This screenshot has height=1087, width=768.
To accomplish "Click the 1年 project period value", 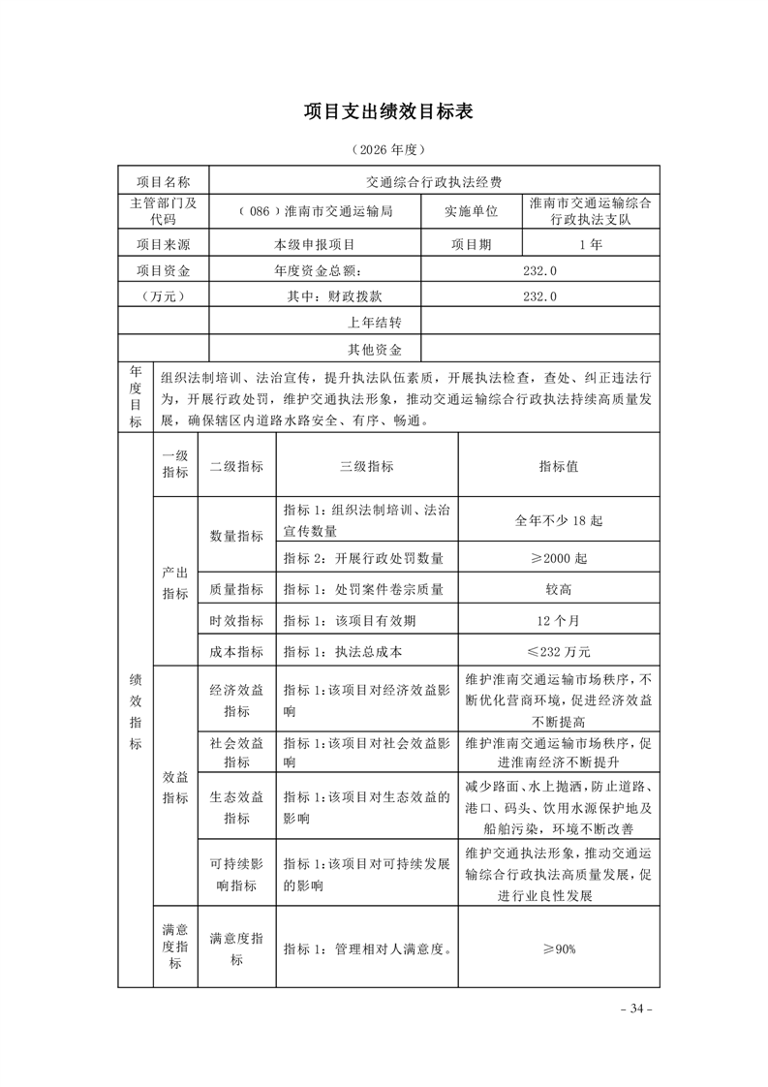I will (x=590, y=245).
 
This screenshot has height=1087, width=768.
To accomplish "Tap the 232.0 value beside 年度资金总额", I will (x=539, y=271).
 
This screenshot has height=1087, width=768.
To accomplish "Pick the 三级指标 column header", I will (x=367, y=466).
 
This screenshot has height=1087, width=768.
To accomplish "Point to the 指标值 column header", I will (x=559, y=466).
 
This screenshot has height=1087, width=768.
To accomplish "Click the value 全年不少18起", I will (x=559, y=520).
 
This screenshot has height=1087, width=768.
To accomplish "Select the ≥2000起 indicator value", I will (x=559, y=559).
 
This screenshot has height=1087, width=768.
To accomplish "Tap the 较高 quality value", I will (x=559, y=589).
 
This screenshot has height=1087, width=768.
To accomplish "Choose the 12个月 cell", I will (x=559, y=620).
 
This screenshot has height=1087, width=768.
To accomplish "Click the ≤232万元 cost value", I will (x=559, y=651).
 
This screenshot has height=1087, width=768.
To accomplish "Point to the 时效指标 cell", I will (x=236, y=620).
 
